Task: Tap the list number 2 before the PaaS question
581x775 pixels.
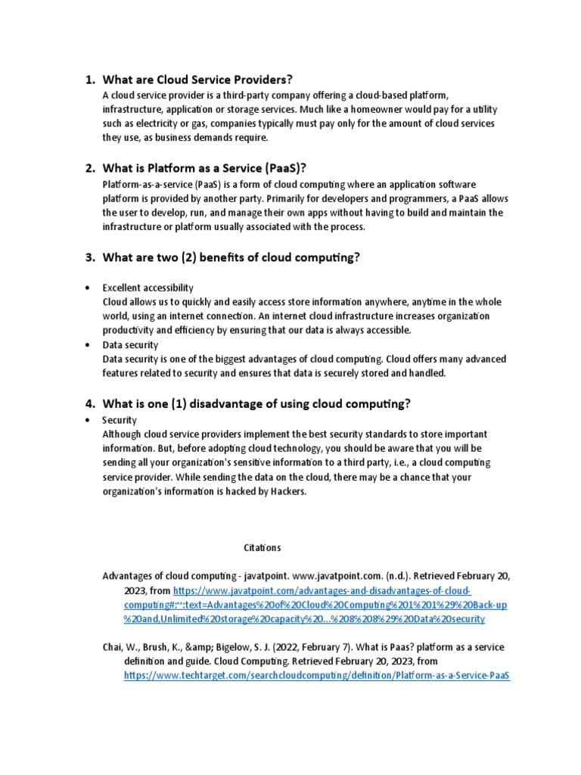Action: (x=89, y=168)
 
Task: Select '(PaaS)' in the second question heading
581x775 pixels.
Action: (x=279, y=168)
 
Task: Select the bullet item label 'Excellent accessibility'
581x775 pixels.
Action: (x=148, y=288)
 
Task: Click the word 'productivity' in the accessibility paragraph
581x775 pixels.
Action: (x=130, y=330)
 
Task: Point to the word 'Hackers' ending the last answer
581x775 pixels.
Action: (x=287, y=491)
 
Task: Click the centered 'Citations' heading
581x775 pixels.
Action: (x=262, y=547)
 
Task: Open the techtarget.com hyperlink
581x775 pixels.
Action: (x=317, y=676)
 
